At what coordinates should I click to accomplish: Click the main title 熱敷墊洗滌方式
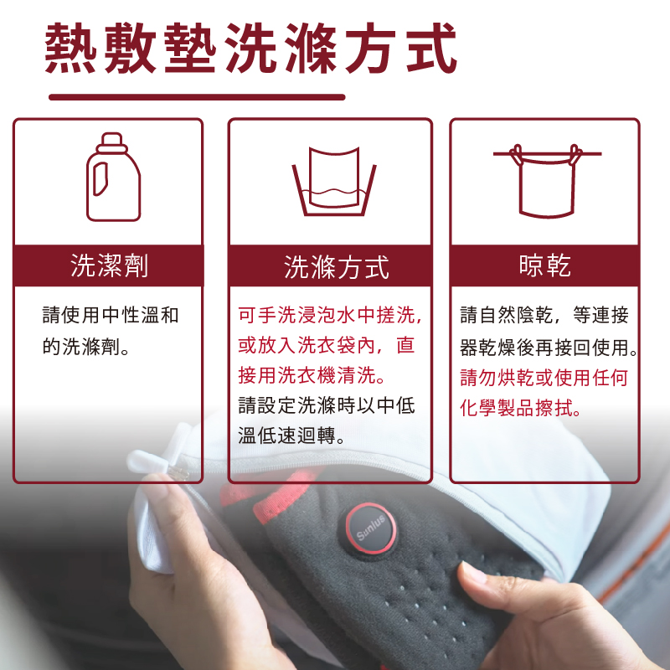pyautogui.click(x=251, y=48)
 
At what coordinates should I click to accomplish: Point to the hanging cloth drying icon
pyautogui.click(x=544, y=180)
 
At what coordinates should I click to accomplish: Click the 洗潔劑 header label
pyautogui.click(x=109, y=265)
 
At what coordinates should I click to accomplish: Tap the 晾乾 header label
pyautogui.click(x=544, y=265)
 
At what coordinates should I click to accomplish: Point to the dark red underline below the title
pyautogui.click(x=197, y=97)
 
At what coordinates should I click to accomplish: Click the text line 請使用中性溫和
pyautogui.click(x=111, y=316)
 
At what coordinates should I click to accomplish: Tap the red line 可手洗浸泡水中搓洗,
pyautogui.click(x=330, y=316)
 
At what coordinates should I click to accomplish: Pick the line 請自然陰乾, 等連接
pyautogui.click(x=544, y=316)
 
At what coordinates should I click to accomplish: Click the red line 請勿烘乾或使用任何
pyautogui.click(x=544, y=377)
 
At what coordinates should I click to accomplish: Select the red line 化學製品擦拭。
pyautogui.click(x=521, y=408)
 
